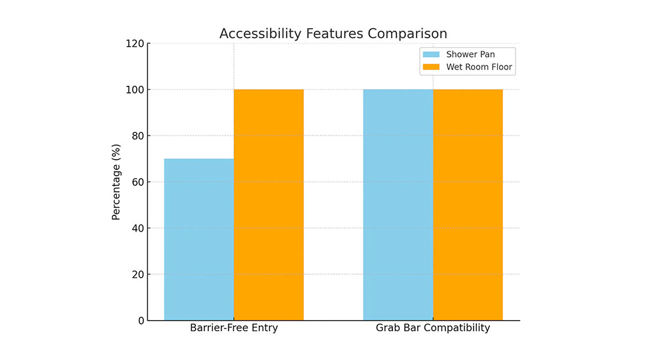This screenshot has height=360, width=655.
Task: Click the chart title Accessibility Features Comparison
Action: (333, 33)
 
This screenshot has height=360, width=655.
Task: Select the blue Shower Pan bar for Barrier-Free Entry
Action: (199, 240)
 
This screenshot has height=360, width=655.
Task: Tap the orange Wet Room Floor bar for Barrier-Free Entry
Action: (269, 205)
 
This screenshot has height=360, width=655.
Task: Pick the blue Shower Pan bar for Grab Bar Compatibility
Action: (398, 205)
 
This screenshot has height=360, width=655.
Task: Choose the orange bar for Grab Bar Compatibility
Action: (468, 205)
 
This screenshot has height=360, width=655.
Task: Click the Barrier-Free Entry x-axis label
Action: (234, 328)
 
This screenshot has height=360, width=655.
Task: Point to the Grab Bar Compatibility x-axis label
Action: (433, 328)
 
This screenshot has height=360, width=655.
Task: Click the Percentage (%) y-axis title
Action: (116, 182)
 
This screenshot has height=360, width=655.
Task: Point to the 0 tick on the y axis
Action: (140, 321)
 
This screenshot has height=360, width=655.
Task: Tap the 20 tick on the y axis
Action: (137, 274)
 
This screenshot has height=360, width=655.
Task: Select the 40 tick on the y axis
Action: (137, 228)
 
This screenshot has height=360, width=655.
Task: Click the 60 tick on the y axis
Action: (137, 182)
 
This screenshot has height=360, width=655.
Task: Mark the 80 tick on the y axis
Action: (137, 136)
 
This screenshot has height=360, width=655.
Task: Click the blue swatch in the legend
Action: (432, 54)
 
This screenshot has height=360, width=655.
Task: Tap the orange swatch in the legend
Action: (432, 67)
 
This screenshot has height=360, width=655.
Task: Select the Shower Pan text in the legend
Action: (470, 54)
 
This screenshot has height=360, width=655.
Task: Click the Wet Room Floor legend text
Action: (479, 67)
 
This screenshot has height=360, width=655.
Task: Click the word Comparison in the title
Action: (409, 33)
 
